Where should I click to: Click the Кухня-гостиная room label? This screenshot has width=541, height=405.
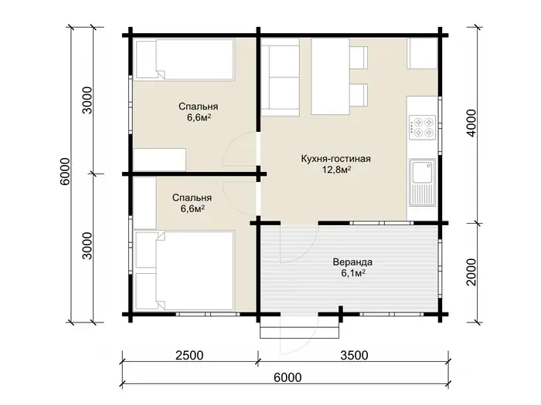coord(335,159)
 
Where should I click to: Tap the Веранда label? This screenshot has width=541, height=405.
coord(352,262)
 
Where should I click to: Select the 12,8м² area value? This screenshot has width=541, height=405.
coord(337,170)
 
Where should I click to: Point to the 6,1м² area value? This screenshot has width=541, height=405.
coord(353,273)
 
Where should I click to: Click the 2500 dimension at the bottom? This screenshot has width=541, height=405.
coord(189,355)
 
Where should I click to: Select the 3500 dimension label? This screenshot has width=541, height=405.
coord(354,355)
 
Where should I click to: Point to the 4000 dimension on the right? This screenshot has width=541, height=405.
coord(471,123)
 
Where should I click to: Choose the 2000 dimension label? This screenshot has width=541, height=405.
coord(471,272)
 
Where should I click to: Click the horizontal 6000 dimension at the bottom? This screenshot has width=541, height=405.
coord(288,377)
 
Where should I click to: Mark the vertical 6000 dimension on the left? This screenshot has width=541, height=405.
coord(65,171)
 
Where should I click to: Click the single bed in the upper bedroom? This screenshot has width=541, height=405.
coord(185,60)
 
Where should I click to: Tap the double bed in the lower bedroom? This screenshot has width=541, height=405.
coord(185,270)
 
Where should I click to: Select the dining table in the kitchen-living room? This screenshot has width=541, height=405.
coord(331,76)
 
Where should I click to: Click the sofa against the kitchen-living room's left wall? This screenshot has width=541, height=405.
coord(280,77)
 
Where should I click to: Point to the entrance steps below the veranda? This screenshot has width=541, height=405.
coord(299,328)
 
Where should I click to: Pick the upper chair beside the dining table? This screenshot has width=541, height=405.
coord(359,58)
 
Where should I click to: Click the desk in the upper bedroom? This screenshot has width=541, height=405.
coord(159,160)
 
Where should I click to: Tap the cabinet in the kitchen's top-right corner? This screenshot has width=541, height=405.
coord(422,53)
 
